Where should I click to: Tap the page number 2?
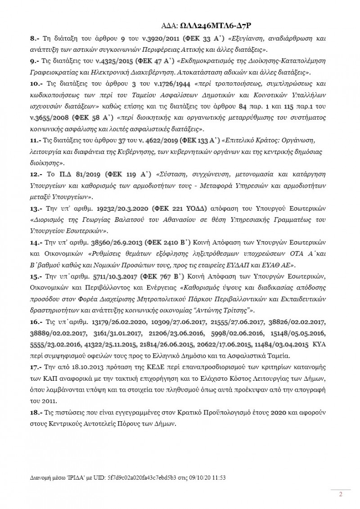[341, 495]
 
